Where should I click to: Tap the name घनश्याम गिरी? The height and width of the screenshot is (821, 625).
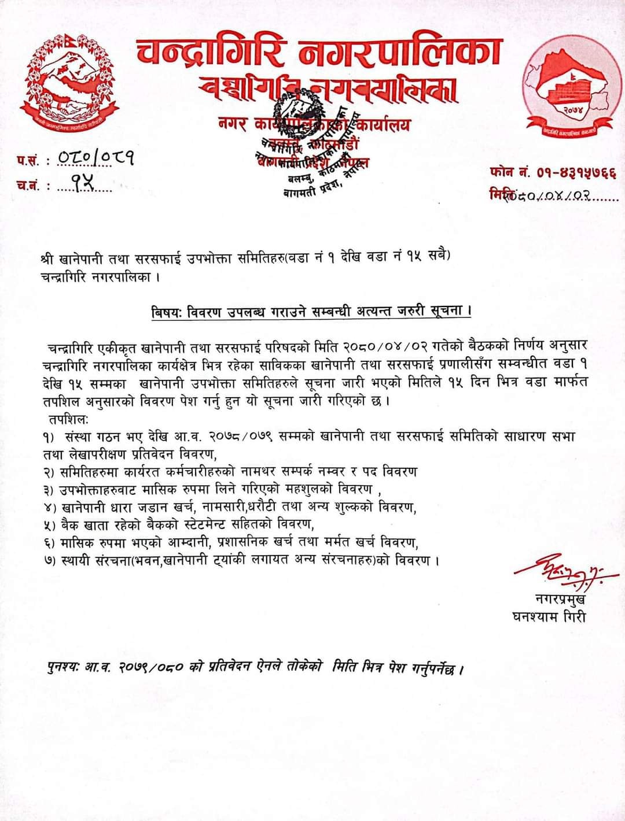point(549,617)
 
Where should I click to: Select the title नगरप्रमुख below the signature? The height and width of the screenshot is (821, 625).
point(560,599)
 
